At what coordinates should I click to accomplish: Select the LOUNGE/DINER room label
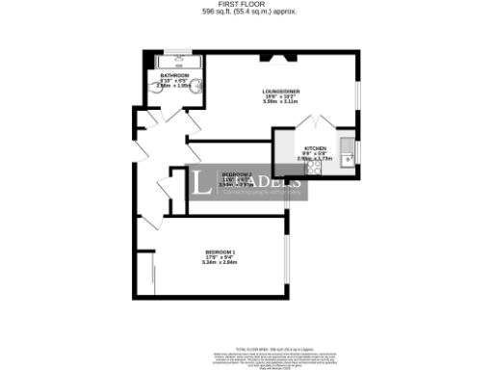coord(281,92)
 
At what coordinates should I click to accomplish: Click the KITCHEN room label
coord(328,149)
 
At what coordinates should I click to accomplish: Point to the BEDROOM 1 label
coord(221,252)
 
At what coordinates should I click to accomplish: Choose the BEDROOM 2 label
coord(237,173)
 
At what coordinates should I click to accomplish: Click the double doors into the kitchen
coord(315,128)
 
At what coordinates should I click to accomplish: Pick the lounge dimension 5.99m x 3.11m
coord(281,102)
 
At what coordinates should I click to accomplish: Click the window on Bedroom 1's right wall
coord(286,255)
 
